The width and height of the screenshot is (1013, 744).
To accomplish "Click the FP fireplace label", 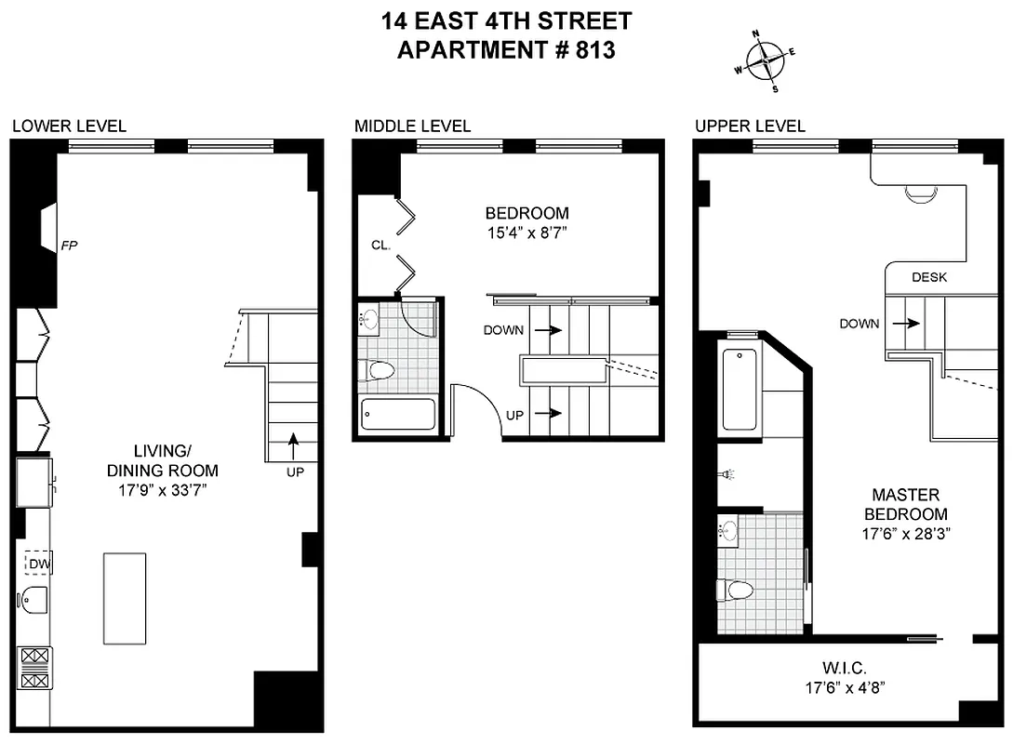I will pyautogui.click(x=69, y=246).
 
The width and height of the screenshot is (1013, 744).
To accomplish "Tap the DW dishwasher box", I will pyautogui.click(x=38, y=563).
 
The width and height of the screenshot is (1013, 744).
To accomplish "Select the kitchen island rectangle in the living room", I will pyautogui.click(x=125, y=598).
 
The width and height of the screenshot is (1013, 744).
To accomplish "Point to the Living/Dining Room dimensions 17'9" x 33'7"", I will pyautogui.click(x=162, y=490).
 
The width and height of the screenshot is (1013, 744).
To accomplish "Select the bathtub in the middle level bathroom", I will pyautogui.click(x=398, y=414).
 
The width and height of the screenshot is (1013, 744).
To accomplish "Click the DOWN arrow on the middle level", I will pyautogui.click(x=552, y=330).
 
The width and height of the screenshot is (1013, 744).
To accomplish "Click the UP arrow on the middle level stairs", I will pyautogui.click(x=552, y=413).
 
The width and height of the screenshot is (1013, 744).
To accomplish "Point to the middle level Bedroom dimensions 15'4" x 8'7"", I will pyautogui.click(x=527, y=233).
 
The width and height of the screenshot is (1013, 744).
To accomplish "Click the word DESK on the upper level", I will pyautogui.click(x=928, y=277).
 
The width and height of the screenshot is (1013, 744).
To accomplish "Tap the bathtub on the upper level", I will pyautogui.click(x=740, y=389).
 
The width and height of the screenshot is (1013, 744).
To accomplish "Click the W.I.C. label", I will pyautogui.click(x=845, y=668).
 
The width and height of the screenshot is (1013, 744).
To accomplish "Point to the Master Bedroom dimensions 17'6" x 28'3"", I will pyautogui.click(x=905, y=534).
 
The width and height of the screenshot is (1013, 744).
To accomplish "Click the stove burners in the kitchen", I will pyautogui.click(x=34, y=669).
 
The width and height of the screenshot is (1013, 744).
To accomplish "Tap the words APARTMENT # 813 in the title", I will pyautogui.click(x=506, y=50).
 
